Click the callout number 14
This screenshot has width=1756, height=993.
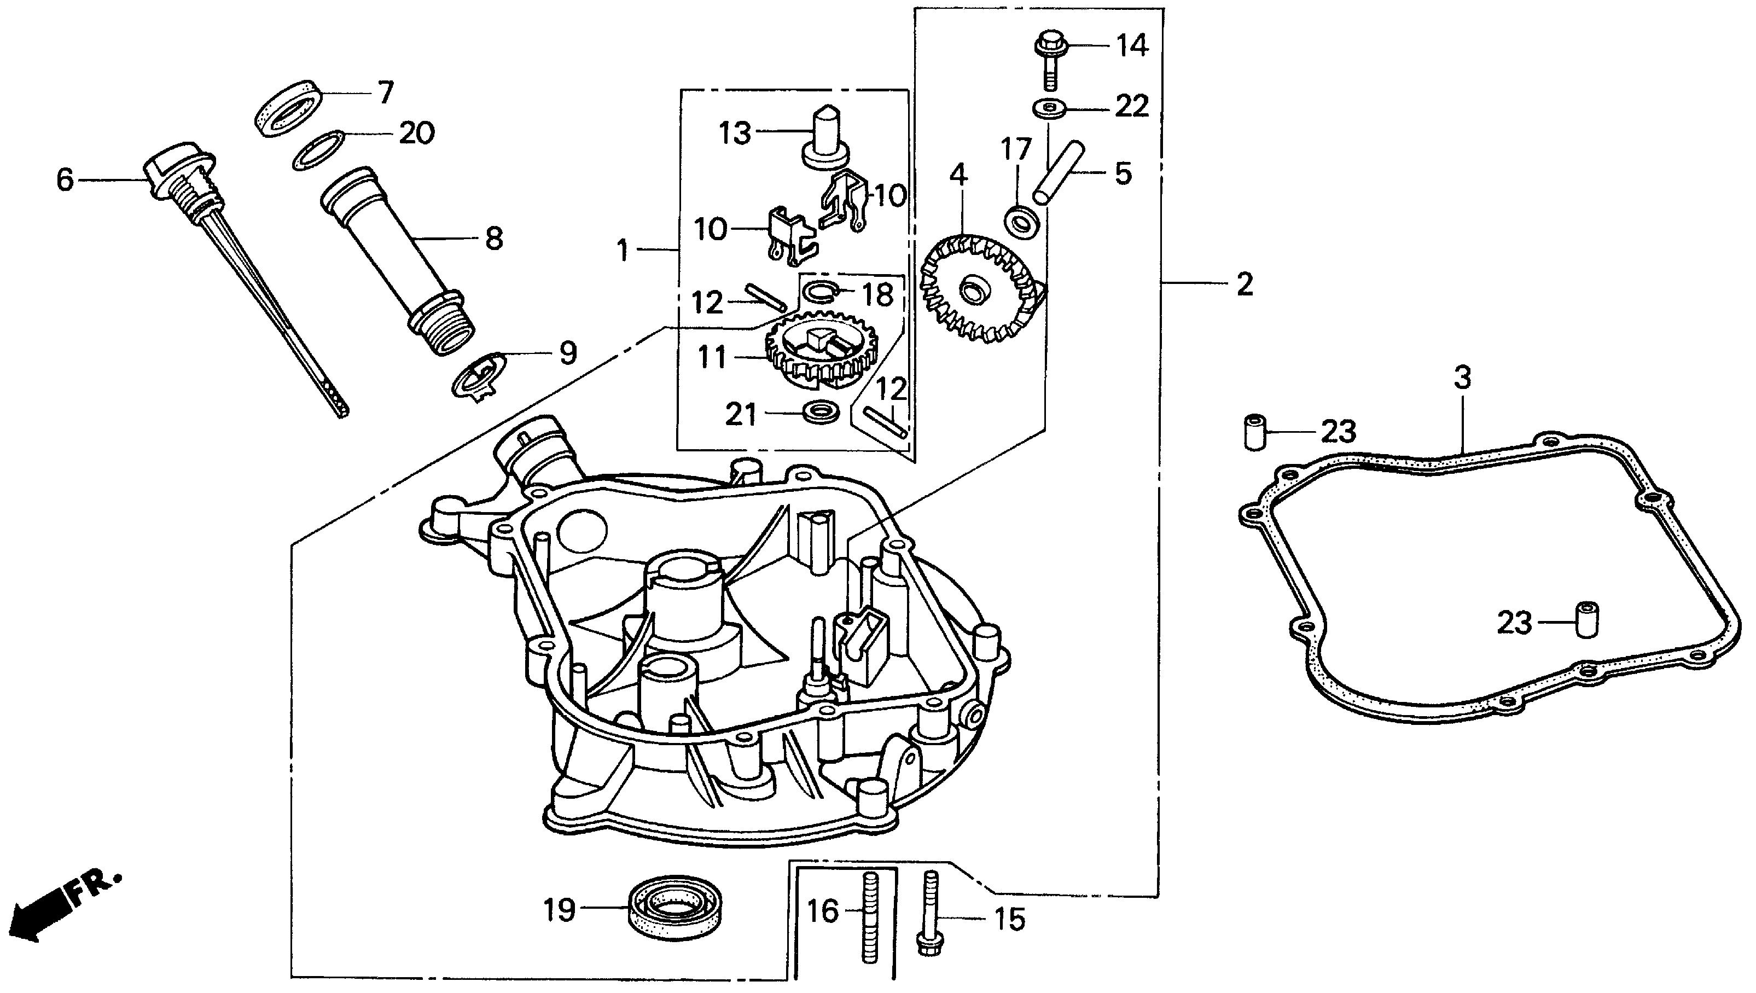click(1132, 47)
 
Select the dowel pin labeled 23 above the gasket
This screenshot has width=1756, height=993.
click(1253, 432)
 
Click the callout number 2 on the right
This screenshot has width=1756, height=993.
click(1245, 285)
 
